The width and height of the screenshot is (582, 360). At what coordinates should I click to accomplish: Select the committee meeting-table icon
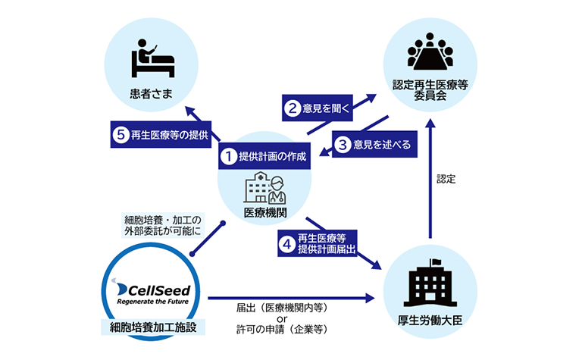click(x=430, y=50)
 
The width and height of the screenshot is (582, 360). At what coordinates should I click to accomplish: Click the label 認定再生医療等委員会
click(x=430, y=89)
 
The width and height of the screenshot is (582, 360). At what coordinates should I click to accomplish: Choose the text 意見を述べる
click(x=381, y=144)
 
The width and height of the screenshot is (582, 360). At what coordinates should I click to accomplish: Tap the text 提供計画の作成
click(x=271, y=157)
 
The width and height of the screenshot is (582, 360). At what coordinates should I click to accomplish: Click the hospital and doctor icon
click(x=264, y=188)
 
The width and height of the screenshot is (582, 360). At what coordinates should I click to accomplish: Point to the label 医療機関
click(x=264, y=212)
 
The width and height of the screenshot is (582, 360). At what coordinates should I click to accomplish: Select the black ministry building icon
click(x=430, y=283)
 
